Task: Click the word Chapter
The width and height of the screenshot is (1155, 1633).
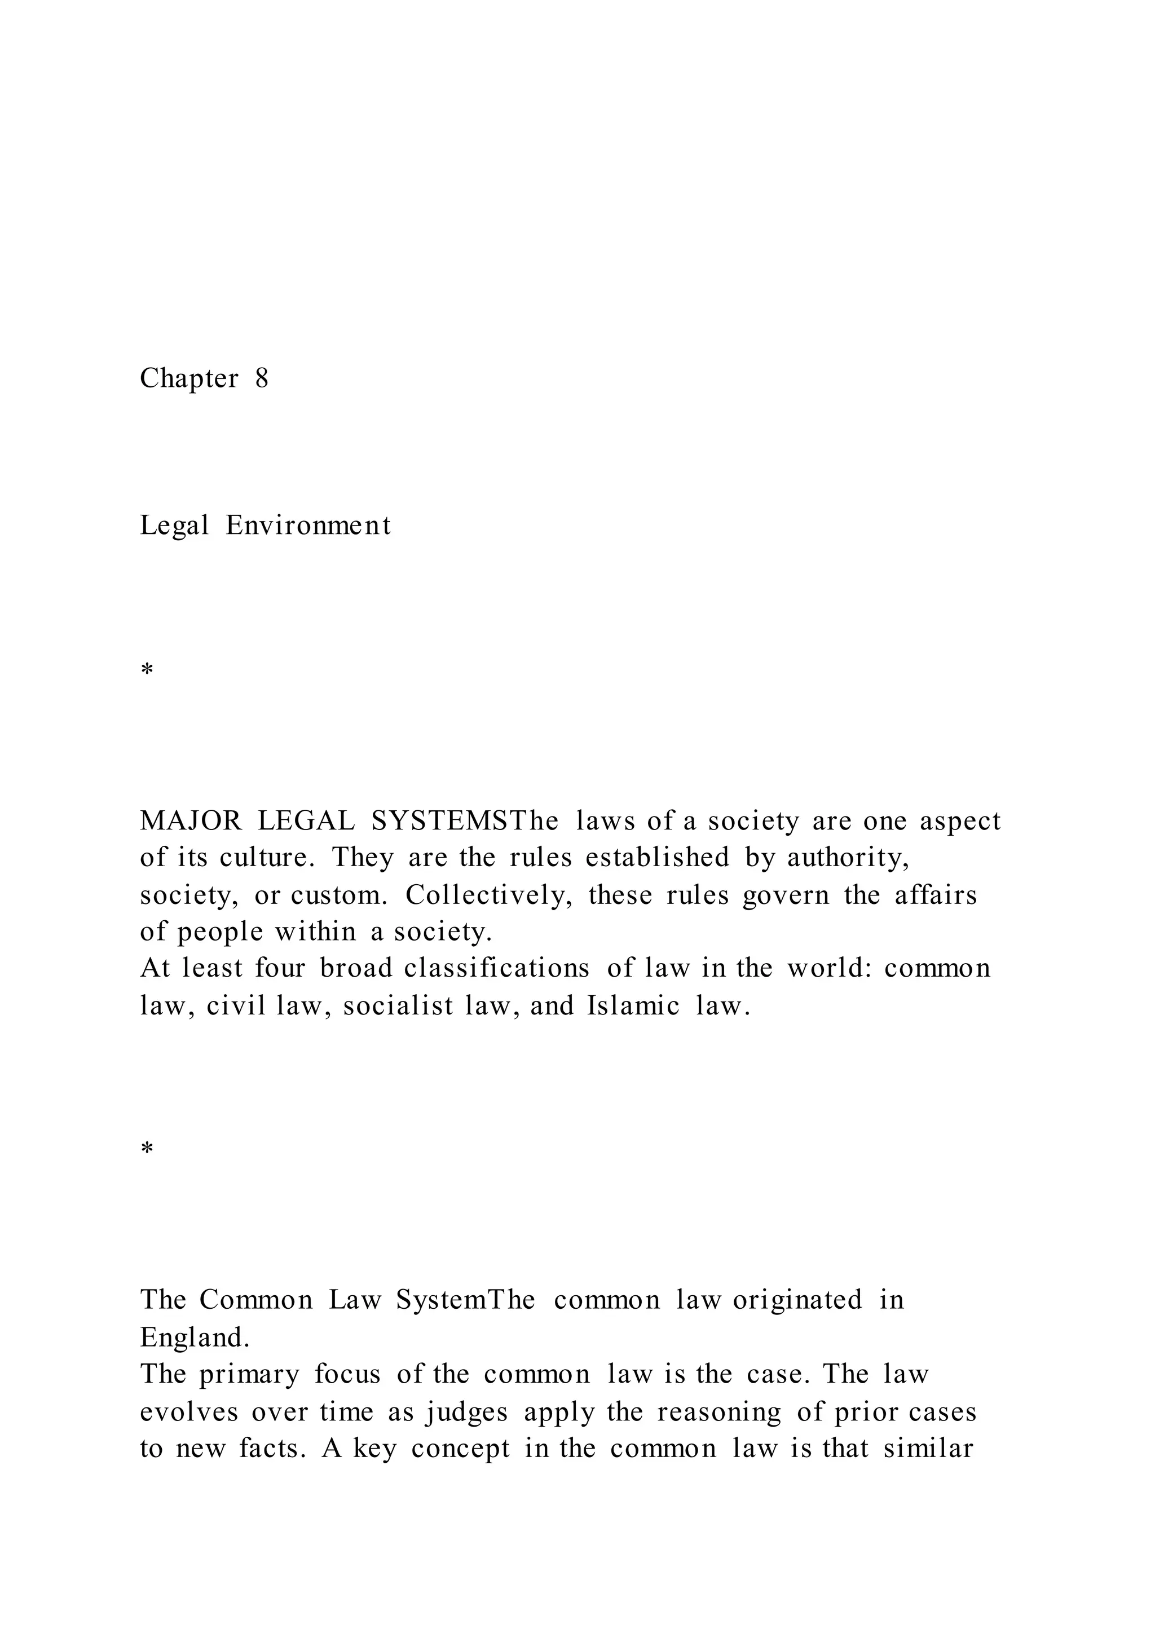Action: coord(188,378)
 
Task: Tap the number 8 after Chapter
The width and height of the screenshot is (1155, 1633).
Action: coord(262,378)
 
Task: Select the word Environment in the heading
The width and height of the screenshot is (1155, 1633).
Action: coord(308,526)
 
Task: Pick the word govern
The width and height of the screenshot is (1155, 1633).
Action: coord(786,895)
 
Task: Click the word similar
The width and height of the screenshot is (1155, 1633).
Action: coord(928,1448)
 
